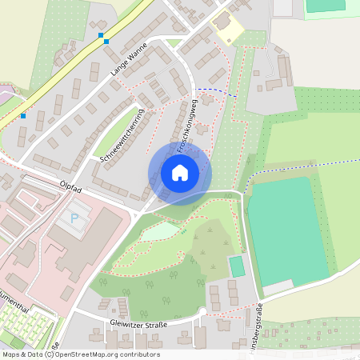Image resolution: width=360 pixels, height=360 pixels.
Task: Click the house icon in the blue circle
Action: tap(180, 172)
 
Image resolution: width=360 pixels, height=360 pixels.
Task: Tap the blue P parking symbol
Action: tap(75, 218)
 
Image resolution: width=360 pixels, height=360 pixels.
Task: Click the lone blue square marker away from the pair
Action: tap(23, 116)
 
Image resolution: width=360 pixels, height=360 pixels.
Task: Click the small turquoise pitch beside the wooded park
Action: tap(237, 266)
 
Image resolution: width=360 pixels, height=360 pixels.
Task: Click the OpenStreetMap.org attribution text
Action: tap(104, 354)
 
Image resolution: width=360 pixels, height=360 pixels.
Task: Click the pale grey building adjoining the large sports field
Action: tap(278, 287)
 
